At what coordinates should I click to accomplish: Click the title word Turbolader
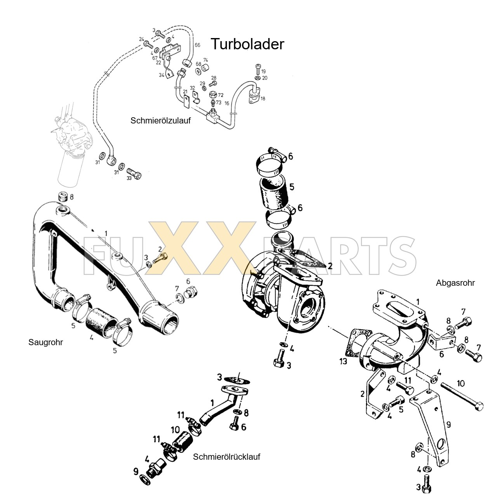247,44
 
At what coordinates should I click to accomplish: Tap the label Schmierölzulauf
161,120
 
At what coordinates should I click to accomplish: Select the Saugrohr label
45,342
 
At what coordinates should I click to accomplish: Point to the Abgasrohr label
455,283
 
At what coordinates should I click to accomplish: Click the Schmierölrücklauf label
226,457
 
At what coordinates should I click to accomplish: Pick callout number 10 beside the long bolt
460,384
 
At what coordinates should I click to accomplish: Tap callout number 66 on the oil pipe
197,45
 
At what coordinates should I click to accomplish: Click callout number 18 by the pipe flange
263,99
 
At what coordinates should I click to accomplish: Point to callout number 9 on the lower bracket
448,424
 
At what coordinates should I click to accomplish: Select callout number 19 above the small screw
263,71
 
